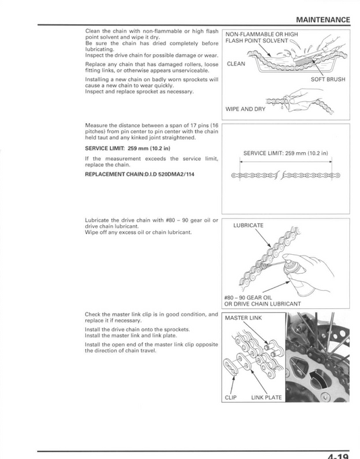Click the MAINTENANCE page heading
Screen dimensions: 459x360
point(323,20)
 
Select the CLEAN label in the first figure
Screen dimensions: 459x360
point(236,64)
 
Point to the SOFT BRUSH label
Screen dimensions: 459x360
point(327,79)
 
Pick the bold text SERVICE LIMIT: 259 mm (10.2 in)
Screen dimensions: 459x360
point(128,148)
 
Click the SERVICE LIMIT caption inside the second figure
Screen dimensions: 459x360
point(285,153)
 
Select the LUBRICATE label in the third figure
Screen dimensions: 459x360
point(249,225)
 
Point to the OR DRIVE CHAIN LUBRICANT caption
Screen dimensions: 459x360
point(262,304)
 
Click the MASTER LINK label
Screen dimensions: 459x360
point(243,318)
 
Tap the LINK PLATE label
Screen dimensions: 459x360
point(266,397)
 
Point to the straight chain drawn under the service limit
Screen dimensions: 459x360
point(285,176)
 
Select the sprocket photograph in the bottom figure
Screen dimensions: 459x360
point(317,358)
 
